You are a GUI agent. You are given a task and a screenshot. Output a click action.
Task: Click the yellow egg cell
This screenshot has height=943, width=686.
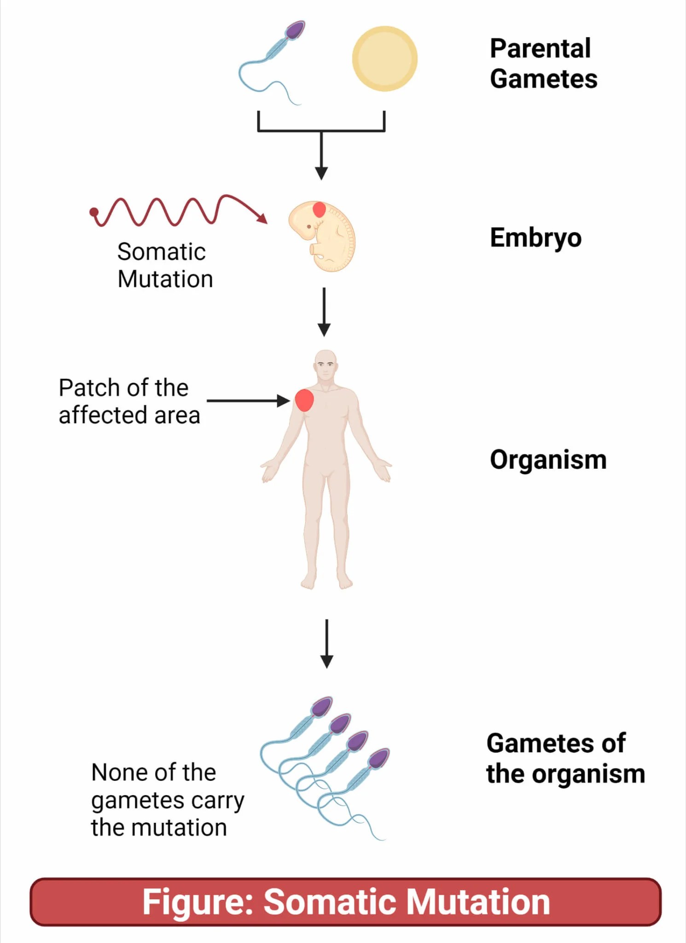pos(384,58)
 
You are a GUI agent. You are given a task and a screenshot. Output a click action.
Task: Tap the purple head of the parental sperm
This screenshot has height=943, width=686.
pos(295,30)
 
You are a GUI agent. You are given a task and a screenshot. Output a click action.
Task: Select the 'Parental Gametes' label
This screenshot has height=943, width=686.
pos(543,64)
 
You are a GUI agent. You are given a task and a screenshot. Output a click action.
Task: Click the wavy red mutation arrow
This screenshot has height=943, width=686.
pos(175,211)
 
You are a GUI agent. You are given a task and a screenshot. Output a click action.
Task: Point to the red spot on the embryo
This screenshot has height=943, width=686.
pos(319,210)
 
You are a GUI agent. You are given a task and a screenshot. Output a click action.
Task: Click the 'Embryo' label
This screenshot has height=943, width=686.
pos(535,238)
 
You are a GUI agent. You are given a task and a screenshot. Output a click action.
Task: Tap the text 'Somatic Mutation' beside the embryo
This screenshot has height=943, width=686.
pos(165,265)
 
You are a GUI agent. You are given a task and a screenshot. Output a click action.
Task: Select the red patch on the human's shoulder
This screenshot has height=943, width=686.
pos(304,400)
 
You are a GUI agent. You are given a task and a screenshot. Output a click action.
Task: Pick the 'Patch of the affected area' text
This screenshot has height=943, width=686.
pos(129,401)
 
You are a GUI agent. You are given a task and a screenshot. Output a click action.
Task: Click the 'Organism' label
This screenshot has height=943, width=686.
pos(548,460)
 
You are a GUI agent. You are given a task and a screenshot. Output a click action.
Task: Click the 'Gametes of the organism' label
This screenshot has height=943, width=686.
pos(565,758)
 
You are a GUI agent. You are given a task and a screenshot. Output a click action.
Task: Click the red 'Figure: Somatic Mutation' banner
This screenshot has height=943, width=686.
pos(345,902)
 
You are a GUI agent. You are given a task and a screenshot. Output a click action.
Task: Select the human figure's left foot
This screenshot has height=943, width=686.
pos(344,582)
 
